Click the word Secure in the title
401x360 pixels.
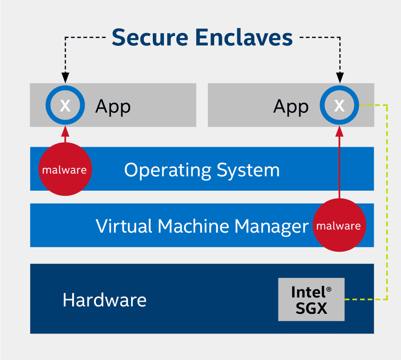pos(150,37)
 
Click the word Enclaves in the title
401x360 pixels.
pos(244,37)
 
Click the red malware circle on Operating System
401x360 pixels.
pos(65,169)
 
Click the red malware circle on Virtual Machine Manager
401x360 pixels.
pos(339,225)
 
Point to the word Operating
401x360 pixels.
pos(168,170)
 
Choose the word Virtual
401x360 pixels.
pos(124,226)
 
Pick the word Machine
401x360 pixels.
pos(193,226)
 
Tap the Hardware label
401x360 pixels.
pos(105,300)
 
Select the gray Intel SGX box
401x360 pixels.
pos(311,299)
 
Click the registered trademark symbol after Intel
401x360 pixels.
pos(329,290)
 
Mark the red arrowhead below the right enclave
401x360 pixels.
pos(339,131)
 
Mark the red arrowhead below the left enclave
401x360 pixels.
pos(65,131)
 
